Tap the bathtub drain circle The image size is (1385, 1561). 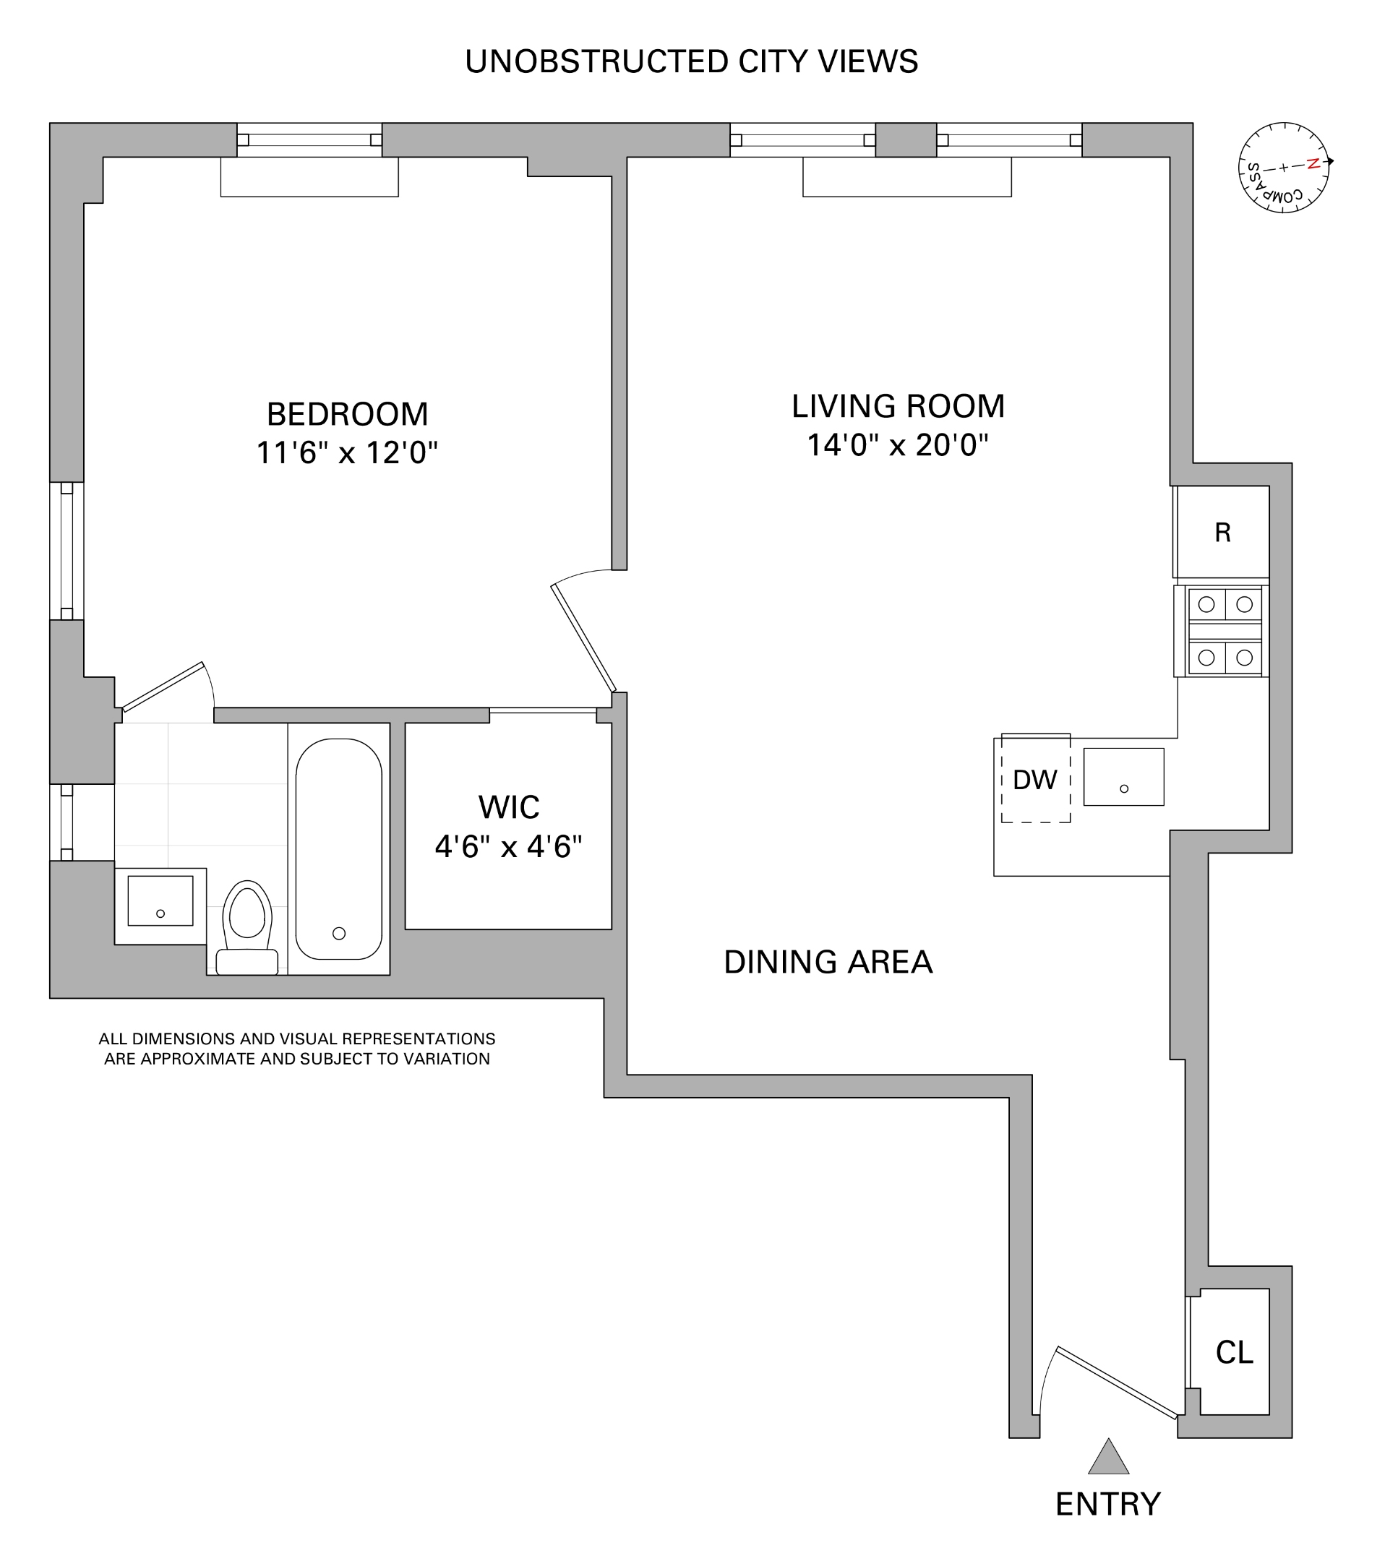click(339, 933)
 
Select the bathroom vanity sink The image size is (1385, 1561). click(160, 900)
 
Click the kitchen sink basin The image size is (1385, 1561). click(1123, 777)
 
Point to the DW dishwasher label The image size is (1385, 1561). click(1034, 780)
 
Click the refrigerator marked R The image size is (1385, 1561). click(1222, 533)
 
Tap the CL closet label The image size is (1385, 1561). click(1234, 1353)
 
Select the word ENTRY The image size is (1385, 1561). click(1107, 1505)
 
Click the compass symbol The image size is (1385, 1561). click(1283, 167)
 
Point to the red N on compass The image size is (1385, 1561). click(1313, 163)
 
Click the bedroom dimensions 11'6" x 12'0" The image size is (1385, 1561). click(346, 453)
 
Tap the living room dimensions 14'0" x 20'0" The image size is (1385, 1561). click(898, 444)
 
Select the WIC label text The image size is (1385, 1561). click(509, 807)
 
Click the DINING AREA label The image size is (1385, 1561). click(828, 963)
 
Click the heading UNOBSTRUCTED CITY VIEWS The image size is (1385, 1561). click(691, 62)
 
